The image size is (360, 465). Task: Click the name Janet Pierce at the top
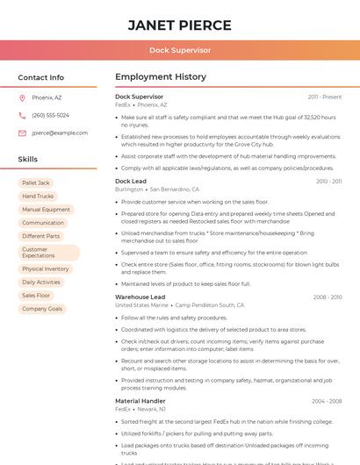pyautogui.click(x=179, y=25)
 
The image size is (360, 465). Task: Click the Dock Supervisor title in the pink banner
pyautogui.click(x=179, y=51)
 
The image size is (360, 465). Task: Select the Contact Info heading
pyautogui.click(x=40, y=77)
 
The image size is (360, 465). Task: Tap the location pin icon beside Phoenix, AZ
pyautogui.click(x=23, y=98)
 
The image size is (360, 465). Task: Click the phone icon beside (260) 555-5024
pyautogui.click(x=23, y=115)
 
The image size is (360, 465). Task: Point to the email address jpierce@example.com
pyautogui.click(x=60, y=132)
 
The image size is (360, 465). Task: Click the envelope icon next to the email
pyautogui.click(x=23, y=132)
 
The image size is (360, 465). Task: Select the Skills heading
pyautogui.click(x=28, y=159)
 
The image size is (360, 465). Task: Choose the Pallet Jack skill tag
pyautogui.click(x=36, y=183)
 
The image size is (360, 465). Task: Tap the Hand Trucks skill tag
pyautogui.click(x=38, y=197)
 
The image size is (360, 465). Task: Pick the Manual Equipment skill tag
pyautogui.click(x=46, y=210)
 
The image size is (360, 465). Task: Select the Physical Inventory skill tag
pyautogui.click(x=46, y=269)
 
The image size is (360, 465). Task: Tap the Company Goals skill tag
pyautogui.click(x=42, y=309)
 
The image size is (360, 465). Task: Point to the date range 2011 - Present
pyautogui.click(x=325, y=97)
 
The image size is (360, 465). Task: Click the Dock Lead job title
pyautogui.click(x=131, y=181)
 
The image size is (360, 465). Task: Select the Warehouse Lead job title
pyautogui.click(x=140, y=297)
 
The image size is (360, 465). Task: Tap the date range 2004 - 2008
pyautogui.click(x=327, y=401)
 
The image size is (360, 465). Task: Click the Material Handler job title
pyautogui.click(x=140, y=401)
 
